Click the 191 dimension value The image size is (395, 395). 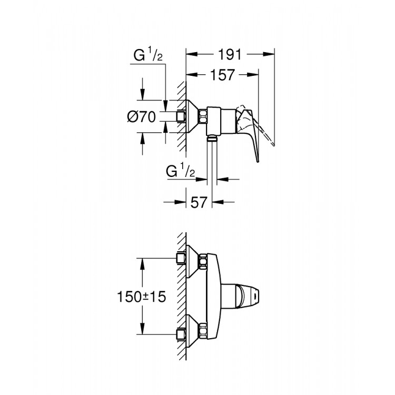coord(230,54)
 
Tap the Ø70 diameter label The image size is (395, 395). coord(142,117)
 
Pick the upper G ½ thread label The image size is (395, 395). coord(147,55)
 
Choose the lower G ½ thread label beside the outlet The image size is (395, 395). coord(181,171)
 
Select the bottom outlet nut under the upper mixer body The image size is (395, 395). coord(211,140)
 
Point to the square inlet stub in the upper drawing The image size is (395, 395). coord(182,117)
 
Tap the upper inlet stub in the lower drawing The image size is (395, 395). coord(182,258)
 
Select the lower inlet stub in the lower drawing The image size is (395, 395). coord(182,333)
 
